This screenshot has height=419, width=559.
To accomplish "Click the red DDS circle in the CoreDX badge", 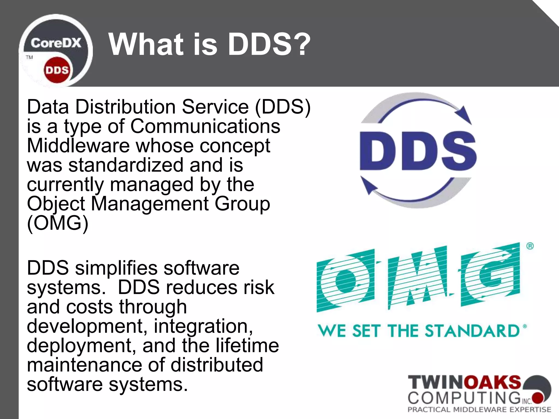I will (x=57, y=70).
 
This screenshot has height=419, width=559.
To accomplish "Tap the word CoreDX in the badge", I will (x=56, y=43).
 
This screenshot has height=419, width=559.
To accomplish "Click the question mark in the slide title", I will (x=302, y=44).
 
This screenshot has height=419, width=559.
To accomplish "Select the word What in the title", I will (x=146, y=44).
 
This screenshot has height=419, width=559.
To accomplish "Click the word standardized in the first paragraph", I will (x=126, y=165).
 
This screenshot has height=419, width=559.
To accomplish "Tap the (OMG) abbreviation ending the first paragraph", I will (x=58, y=223).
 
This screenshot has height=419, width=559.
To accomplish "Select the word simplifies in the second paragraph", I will (x=116, y=268).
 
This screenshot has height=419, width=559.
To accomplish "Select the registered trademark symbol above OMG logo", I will (x=530, y=246).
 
